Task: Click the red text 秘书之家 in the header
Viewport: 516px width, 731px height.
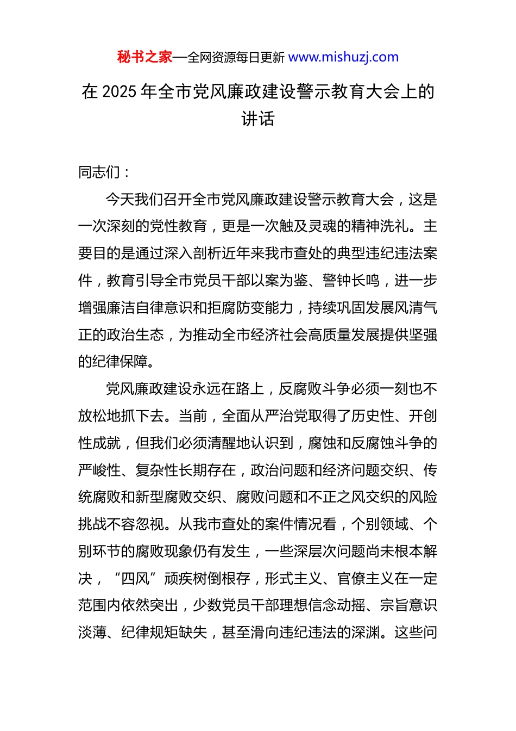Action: click(144, 57)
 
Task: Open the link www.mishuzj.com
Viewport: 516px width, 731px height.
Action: click(343, 57)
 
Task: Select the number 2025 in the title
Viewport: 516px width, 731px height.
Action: click(119, 91)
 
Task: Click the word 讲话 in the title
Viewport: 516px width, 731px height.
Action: click(258, 119)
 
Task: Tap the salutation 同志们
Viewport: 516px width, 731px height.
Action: click(99, 172)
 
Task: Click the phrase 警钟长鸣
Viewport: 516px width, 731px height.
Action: click(351, 281)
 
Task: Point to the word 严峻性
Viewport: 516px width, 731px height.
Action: click(99, 470)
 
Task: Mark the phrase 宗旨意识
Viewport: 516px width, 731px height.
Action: click(408, 605)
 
